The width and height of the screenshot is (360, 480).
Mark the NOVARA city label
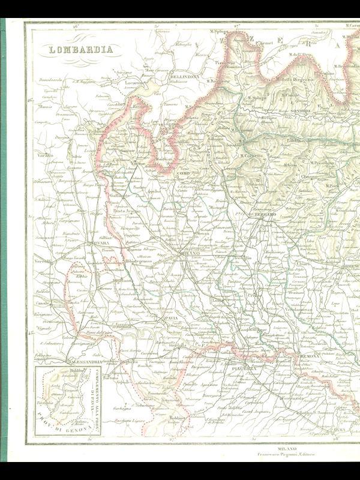coord(95,244)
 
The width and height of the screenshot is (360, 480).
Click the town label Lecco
coord(230,169)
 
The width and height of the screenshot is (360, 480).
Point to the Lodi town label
coord(217,300)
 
